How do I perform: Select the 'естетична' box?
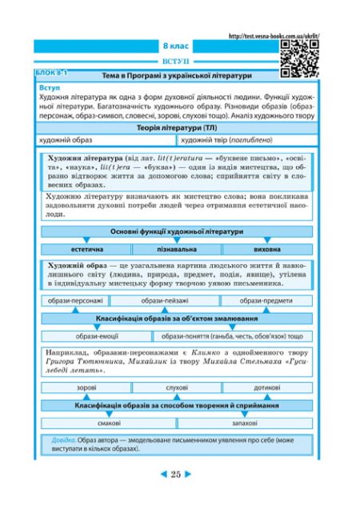(75, 249)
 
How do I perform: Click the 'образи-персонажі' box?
(75, 301)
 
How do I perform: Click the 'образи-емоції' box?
(97, 336)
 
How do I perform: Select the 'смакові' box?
(109, 422)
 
